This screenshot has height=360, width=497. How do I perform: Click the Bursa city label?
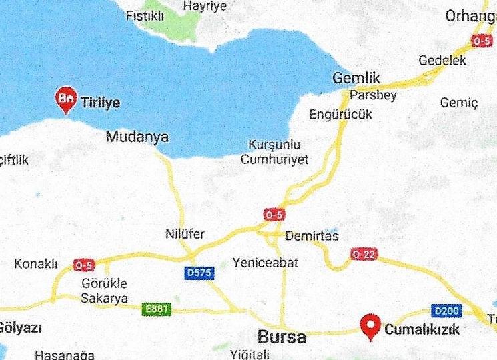[283, 337]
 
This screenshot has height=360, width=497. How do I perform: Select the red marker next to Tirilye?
[66, 99]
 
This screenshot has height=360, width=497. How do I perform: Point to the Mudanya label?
[137, 137]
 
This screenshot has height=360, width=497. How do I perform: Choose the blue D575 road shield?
[199, 273]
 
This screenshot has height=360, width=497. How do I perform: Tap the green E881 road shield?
[157, 309]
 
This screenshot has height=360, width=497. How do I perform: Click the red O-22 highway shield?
[364, 254]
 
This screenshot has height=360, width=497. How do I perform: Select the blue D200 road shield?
[446, 311]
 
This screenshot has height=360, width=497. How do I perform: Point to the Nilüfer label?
[185, 235]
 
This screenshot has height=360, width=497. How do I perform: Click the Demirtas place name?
[312, 236]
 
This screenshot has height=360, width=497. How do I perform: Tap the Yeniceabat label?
[266, 263]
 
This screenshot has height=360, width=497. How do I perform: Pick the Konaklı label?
[36, 264]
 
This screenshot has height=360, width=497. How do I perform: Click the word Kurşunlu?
[274, 145]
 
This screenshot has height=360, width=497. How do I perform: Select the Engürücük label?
[340, 115]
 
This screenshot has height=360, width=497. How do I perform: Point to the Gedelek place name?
[442, 61]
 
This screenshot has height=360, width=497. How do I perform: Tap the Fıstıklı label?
[145, 15]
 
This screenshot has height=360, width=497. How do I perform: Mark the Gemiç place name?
[459, 103]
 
